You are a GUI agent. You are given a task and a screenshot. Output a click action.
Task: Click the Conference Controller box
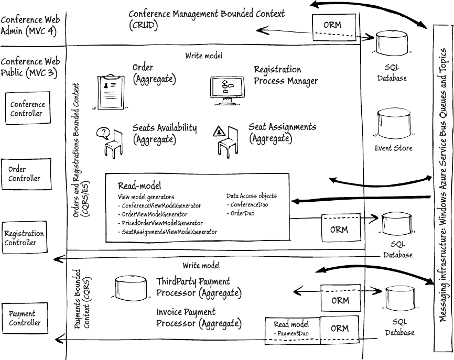point(27,108)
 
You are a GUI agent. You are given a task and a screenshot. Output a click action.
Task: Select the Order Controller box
point(27,173)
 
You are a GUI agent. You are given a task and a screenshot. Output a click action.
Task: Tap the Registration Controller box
point(25,238)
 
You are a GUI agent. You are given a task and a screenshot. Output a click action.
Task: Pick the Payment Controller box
point(25,318)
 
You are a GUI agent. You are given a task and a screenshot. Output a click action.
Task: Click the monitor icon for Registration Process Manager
point(225,89)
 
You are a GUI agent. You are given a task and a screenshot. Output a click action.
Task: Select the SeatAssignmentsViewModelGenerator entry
point(167,231)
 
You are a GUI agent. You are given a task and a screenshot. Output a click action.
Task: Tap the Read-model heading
point(139,185)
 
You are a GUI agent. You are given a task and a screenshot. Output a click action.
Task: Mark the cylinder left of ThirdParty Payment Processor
point(129,288)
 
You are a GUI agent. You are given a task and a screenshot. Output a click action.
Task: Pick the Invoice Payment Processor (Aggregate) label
point(199,318)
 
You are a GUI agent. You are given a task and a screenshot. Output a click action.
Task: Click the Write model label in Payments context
point(201,266)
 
